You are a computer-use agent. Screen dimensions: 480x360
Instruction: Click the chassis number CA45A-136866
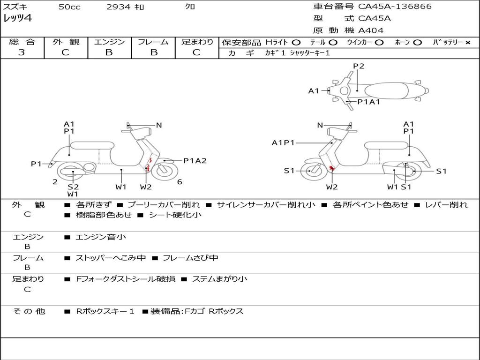pos(395,7)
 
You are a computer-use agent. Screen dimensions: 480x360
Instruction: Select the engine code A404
pos(371,30)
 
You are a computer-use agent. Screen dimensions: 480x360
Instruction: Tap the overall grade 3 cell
pos(22,52)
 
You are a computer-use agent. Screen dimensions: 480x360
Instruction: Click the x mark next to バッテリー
pos(468,43)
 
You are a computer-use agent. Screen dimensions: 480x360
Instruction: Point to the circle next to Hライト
pos(296,43)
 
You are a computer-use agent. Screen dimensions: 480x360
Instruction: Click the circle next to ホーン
pos(417,43)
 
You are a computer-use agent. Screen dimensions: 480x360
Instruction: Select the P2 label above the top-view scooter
pos(359,66)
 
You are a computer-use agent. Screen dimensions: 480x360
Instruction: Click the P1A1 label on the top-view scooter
pos(368,102)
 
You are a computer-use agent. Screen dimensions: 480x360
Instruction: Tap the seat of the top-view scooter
pos(387,91)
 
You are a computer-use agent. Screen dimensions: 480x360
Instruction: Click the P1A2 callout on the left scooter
pos(195,161)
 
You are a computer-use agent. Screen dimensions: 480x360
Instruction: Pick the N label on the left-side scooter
pos(159,125)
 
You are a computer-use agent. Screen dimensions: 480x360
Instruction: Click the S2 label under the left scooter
pos(73,187)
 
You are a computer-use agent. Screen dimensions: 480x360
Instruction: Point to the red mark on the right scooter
pos(331,168)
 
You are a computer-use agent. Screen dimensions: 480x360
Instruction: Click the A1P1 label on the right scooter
pos(283,142)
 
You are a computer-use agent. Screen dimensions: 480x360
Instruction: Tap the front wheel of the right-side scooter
pos(311,171)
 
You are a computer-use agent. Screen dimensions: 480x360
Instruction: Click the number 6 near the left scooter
pos(180,182)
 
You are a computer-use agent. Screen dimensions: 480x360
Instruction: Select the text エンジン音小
pos(101,237)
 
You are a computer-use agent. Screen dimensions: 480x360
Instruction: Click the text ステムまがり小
pos(219,279)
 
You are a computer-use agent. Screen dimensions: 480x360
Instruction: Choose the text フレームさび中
pos(190,258)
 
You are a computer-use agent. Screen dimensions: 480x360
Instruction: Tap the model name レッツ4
pos(17,18)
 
